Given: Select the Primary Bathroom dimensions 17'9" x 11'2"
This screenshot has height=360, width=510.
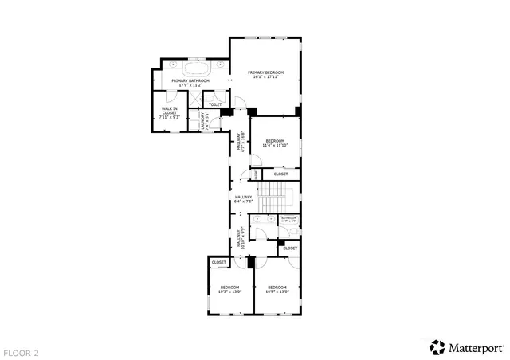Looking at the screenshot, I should pyautogui.click(x=190, y=84).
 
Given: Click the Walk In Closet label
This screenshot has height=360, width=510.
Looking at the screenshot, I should pyautogui.click(x=169, y=112).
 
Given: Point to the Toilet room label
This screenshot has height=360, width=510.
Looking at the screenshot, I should pyautogui.click(x=214, y=104).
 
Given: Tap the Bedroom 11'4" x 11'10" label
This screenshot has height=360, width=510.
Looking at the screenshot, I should pyautogui.click(x=276, y=143).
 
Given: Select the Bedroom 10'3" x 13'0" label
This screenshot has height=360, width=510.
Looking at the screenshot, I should pyautogui.click(x=229, y=289).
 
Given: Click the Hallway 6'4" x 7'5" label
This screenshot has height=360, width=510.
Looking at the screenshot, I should pyautogui.click(x=243, y=199).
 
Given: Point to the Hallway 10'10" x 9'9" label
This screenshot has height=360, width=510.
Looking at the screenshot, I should pyautogui.click(x=240, y=239).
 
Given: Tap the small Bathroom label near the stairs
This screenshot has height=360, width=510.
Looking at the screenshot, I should pyautogui.click(x=288, y=218).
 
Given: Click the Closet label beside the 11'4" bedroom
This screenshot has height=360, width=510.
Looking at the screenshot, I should pyautogui.click(x=281, y=174).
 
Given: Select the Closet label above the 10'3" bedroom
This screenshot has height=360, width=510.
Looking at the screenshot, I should pyautogui.click(x=218, y=262).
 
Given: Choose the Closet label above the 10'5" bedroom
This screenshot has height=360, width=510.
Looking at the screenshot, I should pyautogui.click(x=290, y=248).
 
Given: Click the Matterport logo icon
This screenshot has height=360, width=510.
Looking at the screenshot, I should pyautogui.click(x=437, y=347).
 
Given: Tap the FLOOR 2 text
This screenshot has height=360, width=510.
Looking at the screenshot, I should pyautogui.click(x=21, y=351).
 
